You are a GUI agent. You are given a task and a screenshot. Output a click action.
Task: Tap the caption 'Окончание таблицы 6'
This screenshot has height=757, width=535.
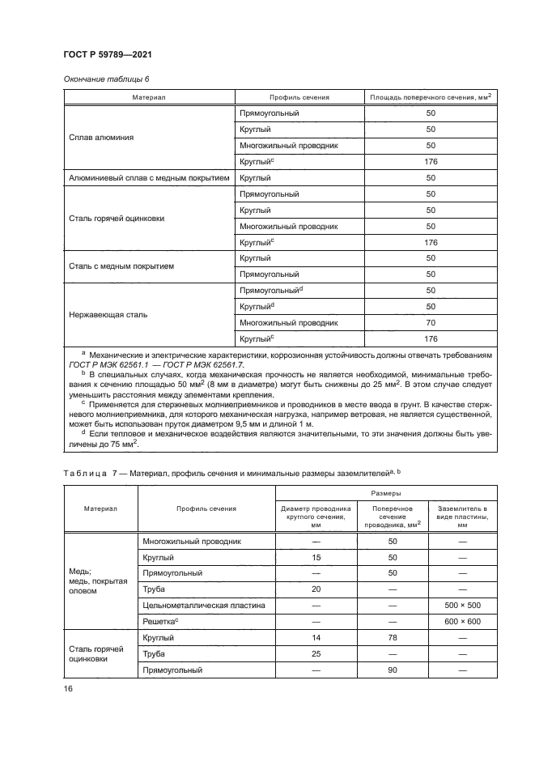click(106, 78)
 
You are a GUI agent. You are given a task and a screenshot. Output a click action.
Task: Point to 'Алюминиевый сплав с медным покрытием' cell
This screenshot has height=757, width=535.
click(148, 177)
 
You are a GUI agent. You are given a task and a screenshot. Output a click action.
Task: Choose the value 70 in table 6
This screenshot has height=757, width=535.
click(431, 322)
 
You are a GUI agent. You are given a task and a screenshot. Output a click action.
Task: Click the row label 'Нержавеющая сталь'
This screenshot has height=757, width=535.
click(109, 314)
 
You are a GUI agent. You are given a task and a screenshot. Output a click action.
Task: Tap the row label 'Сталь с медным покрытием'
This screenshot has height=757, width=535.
click(121, 266)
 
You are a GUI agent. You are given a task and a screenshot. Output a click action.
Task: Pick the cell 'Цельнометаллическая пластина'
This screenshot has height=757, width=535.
click(200, 605)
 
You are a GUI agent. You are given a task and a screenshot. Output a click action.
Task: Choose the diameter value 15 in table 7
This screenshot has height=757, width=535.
click(317, 557)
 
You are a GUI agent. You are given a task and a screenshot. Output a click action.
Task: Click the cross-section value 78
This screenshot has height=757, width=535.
click(393, 637)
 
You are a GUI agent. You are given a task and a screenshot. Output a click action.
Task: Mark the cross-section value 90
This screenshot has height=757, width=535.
click(393, 670)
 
